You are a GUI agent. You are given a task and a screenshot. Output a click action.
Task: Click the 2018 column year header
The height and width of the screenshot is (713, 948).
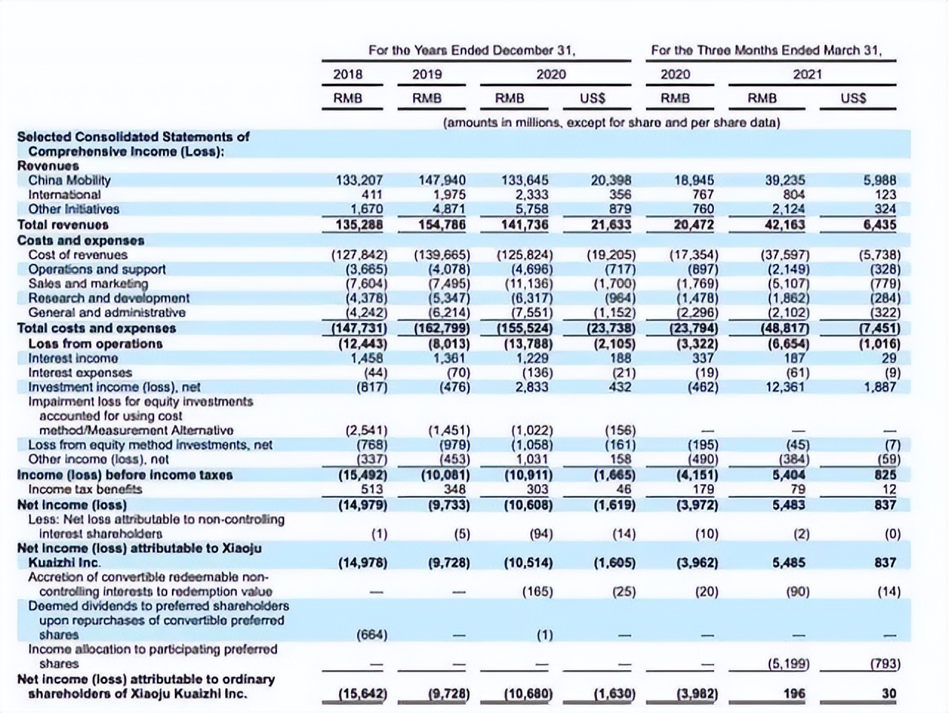tap(348, 74)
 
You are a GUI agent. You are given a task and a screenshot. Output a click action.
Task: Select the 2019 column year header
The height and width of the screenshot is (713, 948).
tap(427, 74)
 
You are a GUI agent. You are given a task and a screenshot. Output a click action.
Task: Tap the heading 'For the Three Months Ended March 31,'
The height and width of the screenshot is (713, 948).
tap(766, 50)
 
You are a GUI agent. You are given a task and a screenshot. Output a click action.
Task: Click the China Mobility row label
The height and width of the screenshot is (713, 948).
tap(69, 180)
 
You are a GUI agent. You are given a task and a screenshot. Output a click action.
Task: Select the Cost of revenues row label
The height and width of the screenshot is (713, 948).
tap(78, 255)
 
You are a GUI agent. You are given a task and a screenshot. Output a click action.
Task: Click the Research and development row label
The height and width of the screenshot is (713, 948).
tap(109, 298)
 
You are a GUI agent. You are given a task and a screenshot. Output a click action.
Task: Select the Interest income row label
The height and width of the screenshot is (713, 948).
tap(73, 358)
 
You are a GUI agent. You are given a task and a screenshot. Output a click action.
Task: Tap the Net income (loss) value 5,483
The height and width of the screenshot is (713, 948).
tap(789, 505)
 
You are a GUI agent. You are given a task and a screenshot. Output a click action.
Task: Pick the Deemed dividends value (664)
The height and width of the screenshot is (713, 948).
tap(372, 635)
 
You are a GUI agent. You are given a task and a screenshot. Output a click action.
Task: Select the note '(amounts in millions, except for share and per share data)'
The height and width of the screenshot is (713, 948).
tap(611, 122)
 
